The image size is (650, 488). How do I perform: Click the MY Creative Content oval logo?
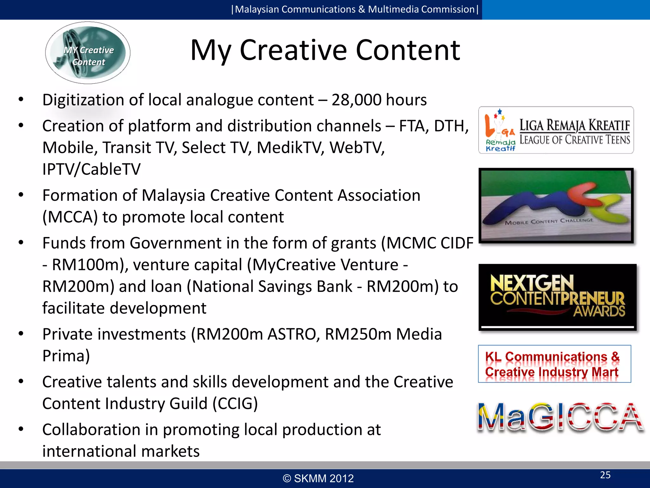(88, 53)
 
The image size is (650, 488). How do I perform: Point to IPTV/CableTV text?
(91, 169)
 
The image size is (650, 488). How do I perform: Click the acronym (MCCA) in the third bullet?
(70, 217)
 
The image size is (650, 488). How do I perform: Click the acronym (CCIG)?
(235, 404)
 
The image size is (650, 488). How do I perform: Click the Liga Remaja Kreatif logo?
(556, 130)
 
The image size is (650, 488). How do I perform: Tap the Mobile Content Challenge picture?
(556, 206)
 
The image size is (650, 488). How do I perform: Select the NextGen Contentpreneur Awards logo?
(557, 297)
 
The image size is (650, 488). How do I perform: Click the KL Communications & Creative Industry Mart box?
(554, 364)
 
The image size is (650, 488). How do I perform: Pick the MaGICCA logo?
(560, 417)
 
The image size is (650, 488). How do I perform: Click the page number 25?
(605, 475)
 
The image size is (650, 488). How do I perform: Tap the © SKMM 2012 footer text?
(318, 478)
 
